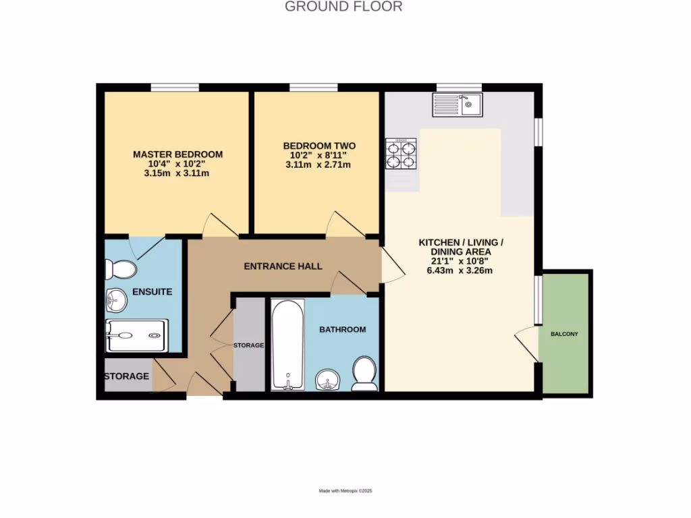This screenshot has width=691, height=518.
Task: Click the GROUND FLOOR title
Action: (x=343, y=7)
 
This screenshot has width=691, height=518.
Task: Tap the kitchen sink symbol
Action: (x=457, y=104)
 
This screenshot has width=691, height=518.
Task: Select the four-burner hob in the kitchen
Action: (x=401, y=154)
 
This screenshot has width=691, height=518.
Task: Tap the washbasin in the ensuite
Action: (x=116, y=299)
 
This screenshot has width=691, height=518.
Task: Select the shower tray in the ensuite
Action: (x=135, y=335)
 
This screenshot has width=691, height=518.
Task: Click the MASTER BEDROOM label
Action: (x=177, y=154)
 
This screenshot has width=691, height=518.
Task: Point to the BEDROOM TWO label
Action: (x=319, y=146)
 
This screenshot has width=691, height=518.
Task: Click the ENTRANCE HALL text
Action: (x=283, y=266)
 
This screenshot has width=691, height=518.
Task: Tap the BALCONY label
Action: (x=564, y=335)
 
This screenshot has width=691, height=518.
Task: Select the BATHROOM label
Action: (x=342, y=330)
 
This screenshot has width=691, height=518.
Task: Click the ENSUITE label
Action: (x=152, y=292)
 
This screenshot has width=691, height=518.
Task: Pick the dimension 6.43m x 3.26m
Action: (x=461, y=271)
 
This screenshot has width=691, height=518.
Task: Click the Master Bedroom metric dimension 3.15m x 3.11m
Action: (x=177, y=173)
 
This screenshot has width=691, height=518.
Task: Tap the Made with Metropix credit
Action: (x=345, y=491)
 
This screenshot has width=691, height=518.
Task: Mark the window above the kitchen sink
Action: (x=459, y=87)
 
